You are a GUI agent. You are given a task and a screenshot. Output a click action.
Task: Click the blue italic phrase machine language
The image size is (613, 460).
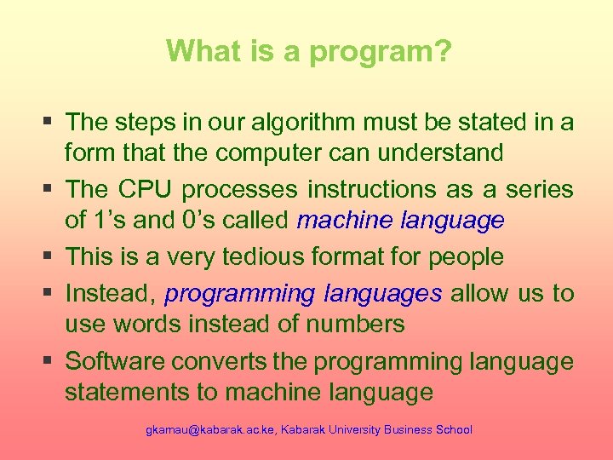pos(401,221)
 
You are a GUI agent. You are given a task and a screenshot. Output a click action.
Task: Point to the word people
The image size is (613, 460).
pos(467,256)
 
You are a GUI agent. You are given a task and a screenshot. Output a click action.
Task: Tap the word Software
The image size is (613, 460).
pos(116,361)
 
